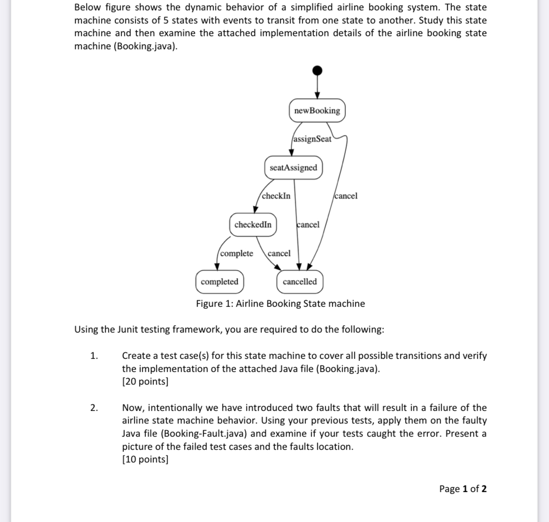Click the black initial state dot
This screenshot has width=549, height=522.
[318, 70]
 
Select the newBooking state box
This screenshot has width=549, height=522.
[317, 111]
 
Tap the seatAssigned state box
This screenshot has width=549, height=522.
[294, 168]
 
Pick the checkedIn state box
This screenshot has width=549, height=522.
[253, 225]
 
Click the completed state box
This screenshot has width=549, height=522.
[220, 282]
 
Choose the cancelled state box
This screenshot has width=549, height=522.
[300, 282]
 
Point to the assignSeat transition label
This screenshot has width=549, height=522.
[312, 139]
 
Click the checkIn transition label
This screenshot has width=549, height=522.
[276, 196]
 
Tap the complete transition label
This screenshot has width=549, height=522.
[236, 253]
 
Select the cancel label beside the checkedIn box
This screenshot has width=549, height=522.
[308, 225]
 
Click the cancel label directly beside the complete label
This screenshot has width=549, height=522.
[279, 253]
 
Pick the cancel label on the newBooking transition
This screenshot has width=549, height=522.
[346, 196]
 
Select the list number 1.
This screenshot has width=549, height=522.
[94, 356]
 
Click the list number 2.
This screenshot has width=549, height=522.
[94, 408]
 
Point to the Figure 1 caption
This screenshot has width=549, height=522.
[280, 303]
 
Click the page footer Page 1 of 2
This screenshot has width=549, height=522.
[463, 489]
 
